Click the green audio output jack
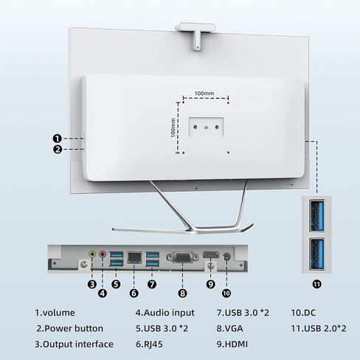coord(92,254)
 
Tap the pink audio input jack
coord(103,254)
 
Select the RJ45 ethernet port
coord(134,257)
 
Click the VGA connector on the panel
coord(183,257)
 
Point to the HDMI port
coord(210,255)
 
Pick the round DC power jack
coord(226,257)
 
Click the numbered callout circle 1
coord(58,139)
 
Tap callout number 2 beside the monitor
coord(58,149)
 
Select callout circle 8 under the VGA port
coord(182,293)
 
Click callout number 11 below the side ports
coord(316,284)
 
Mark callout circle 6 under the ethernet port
coord(134,293)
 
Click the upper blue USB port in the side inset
coord(316,215)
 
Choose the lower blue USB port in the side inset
coord(316,254)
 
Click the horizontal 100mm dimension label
coord(204,94)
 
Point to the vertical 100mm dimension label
coord(173,128)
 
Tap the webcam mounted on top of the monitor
coord(195,35)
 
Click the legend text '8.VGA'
coord(229,328)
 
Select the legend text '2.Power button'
coord(70,328)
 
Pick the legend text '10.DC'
coord(303,313)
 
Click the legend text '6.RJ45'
coord(149,345)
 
